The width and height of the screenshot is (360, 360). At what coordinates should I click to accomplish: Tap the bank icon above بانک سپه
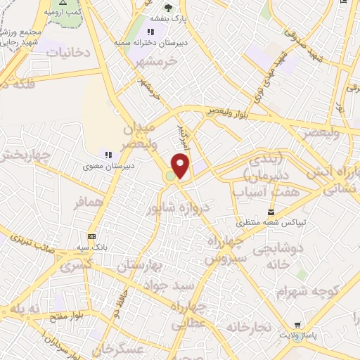point(92,237)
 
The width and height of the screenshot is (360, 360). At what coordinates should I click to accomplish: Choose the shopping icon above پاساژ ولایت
point(298,326)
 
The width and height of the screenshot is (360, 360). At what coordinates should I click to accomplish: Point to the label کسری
point(76,266)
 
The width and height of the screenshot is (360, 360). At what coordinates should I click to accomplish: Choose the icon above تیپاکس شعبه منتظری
point(271,212)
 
